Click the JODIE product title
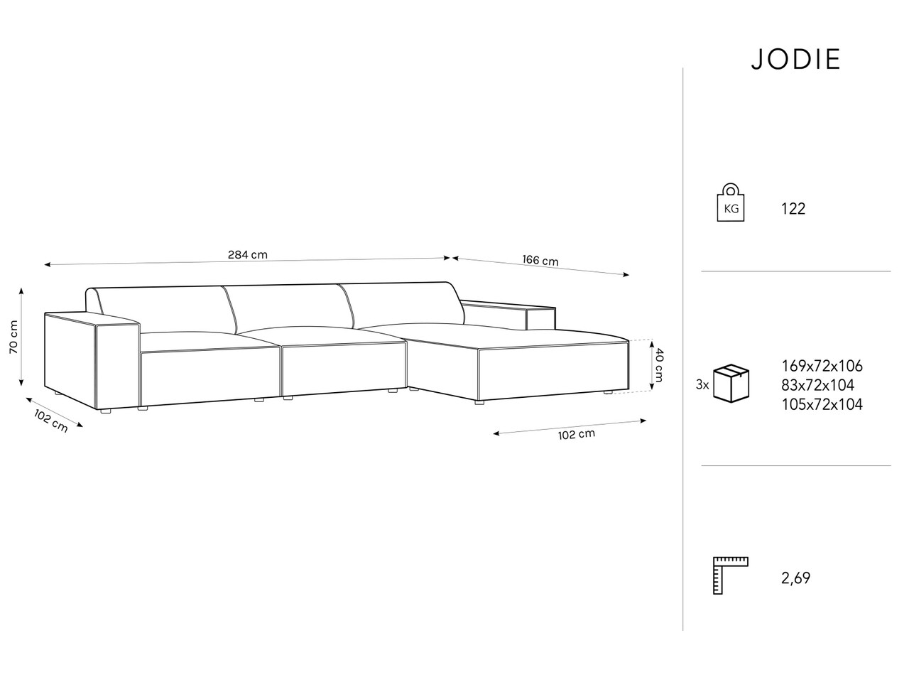point(795,59)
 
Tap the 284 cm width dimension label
point(248,254)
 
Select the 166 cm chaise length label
point(540,260)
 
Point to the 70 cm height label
point(13,342)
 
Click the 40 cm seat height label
point(659,365)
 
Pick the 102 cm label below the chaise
point(577,434)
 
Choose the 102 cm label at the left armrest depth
point(51,421)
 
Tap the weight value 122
point(793,209)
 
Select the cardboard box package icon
point(731,384)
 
